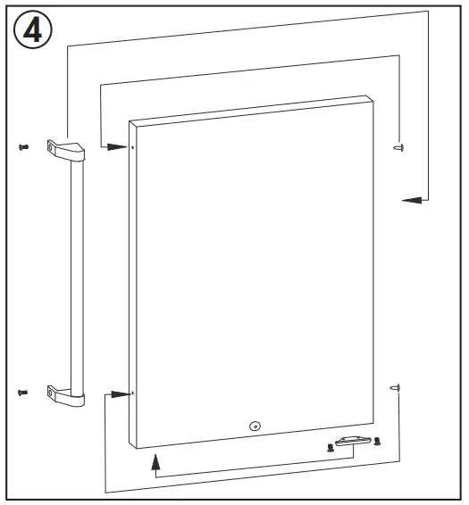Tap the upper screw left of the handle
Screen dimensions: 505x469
point(22,146)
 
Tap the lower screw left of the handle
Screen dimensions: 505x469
point(22,392)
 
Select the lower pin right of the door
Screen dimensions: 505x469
point(397,387)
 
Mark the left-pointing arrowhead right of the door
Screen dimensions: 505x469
point(410,200)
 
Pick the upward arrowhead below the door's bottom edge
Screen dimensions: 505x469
point(156,460)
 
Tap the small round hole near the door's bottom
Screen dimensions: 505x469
point(255,426)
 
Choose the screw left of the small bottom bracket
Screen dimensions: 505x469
point(331,446)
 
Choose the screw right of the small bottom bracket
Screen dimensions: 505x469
point(377,441)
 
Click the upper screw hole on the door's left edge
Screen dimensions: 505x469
point(132,147)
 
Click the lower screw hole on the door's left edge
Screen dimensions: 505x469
point(132,393)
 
